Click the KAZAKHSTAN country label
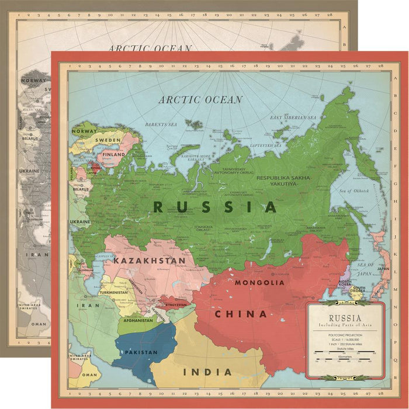tap(150, 260)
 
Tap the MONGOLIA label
tap(259, 283)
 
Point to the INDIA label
tap(207, 372)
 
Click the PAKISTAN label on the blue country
tap(141, 352)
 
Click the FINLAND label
tap(114, 155)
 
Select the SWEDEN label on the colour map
tap(109, 141)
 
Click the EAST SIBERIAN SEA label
tap(293, 118)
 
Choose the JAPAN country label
tap(383, 269)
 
